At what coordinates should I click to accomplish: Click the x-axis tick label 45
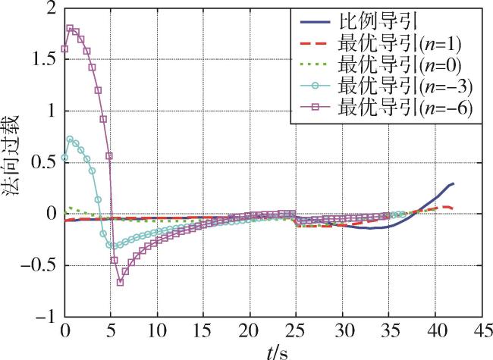[479, 333]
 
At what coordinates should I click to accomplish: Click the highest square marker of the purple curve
[70, 29]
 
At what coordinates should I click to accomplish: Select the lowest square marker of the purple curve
[120, 282]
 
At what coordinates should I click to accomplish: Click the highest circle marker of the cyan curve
[70, 139]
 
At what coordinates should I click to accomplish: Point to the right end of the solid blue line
[453, 183]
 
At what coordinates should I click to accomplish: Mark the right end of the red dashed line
[453, 207]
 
